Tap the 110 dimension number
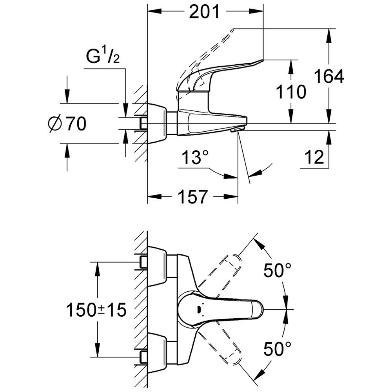pos(290,93)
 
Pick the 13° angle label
pos(195,159)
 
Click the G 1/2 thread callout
pos(103,57)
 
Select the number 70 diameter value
pos(76,124)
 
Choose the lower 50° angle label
pos(278,348)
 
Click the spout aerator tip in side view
pos(238,129)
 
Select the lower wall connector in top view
pos(157,351)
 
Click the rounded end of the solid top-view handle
pos(257,310)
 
